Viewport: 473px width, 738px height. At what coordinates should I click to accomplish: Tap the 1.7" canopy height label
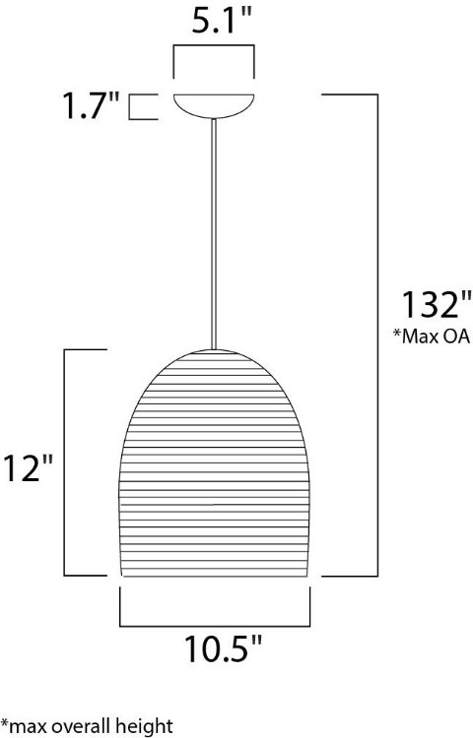point(93,105)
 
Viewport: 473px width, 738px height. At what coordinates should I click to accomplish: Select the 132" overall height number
point(427,304)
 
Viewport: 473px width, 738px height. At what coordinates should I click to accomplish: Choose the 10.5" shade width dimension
point(224,649)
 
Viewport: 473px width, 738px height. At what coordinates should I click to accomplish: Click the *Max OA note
point(431,337)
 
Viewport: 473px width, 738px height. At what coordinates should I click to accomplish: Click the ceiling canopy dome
point(213,104)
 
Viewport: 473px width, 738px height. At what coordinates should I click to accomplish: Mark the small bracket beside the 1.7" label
point(144,106)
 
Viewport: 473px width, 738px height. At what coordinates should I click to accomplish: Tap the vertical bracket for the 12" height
point(67,462)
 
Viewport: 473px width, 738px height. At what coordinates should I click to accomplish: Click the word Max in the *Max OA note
point(418,337)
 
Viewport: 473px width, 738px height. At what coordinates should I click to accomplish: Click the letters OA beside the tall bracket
point(455,337)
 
